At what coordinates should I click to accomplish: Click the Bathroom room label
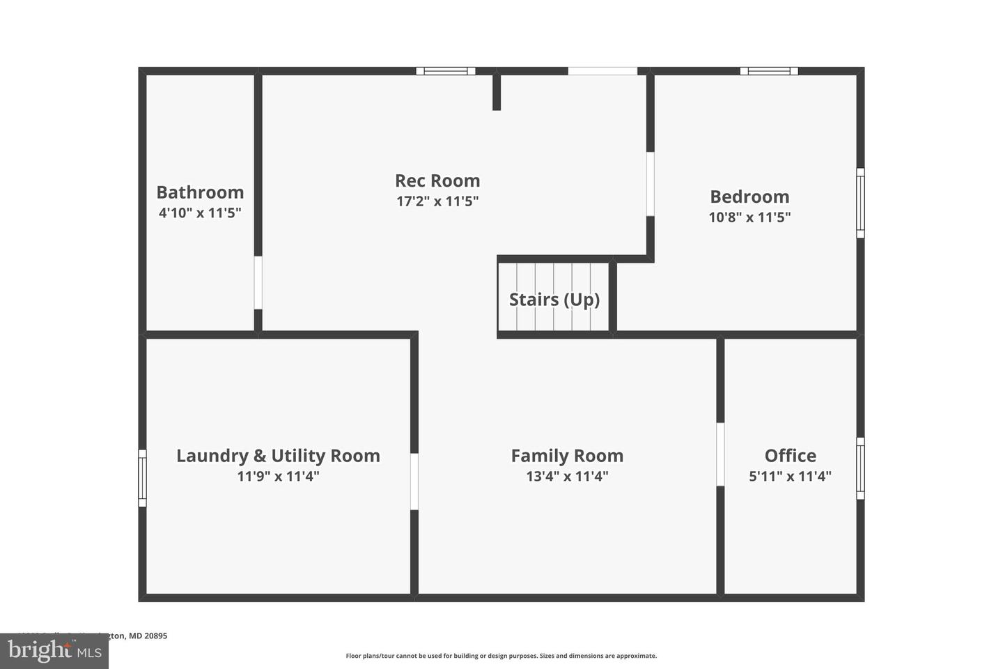coord(200,192)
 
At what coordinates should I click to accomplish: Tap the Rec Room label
coord(437,180)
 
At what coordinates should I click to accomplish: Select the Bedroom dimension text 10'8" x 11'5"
coord(749,217)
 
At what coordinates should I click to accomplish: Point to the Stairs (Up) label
coord(554,300)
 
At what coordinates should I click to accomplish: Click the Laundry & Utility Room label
coord(278,456)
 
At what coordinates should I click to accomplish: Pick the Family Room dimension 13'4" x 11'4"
coord(567,477)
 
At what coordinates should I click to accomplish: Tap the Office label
coord(790,456)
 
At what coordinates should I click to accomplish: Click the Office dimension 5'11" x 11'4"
coord(790,477)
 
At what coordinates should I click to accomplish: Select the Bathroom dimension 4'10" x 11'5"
coord(200,213)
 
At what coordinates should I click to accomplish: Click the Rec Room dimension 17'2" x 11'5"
coord(437,201)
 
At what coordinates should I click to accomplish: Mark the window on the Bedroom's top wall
coord(769,70)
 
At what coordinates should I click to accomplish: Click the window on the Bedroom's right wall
coord(860,203)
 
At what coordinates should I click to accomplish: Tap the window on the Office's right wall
coord(860,468)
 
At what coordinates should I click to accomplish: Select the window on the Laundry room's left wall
coord(143,478)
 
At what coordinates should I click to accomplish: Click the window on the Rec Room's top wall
coord(446,70)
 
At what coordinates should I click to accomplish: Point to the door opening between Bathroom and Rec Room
coord(258,282)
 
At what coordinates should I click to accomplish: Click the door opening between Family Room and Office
coord(720,454)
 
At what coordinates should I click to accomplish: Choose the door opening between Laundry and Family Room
coord(414,482)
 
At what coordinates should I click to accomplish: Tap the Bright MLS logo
coord(54,651)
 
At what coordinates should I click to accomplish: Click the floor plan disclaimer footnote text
coord(501,656)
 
